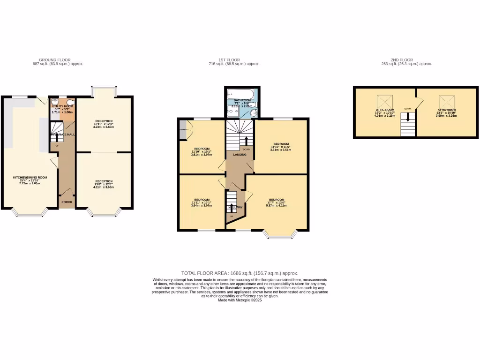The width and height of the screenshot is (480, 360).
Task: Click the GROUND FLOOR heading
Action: tap(54, 60)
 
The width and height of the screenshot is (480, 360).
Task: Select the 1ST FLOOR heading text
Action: tap(230, 60)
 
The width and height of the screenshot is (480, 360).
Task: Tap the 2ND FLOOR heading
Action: tap(402, 60)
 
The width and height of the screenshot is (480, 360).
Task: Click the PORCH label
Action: tap(66, 202)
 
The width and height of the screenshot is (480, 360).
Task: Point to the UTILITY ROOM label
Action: tap(62, 106)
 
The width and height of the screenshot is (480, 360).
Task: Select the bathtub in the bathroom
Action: tap(240, 95)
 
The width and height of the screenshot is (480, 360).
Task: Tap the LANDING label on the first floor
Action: tap(240, 155)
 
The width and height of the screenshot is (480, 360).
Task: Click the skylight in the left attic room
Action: tap(385, 101)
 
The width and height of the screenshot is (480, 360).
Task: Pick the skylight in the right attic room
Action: tap(446, 101)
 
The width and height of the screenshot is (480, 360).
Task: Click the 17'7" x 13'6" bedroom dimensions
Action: tap(276, 202)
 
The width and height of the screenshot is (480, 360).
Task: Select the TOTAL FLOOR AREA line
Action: tap(240, 273)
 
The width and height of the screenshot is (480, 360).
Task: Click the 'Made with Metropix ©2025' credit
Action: tap(240, 300)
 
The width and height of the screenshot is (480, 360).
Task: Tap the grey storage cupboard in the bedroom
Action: tap(182, 132)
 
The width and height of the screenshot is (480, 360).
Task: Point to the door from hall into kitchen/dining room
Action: tap(54, 162)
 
